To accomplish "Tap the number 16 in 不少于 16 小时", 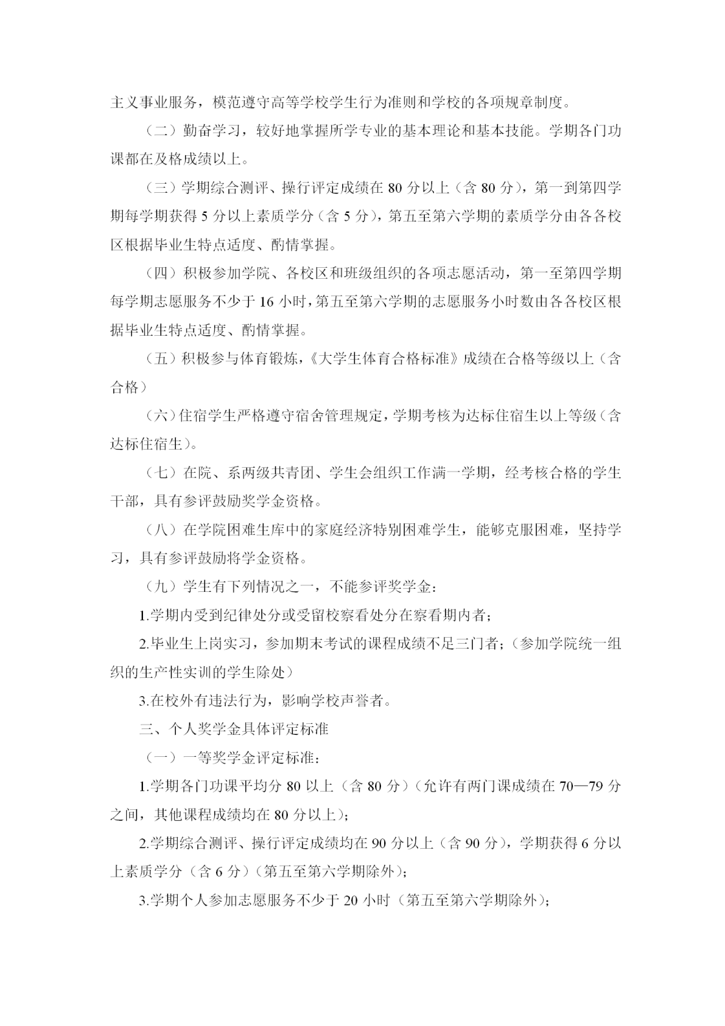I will coord(266,302).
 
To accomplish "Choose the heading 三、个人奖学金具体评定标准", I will coord(233,729).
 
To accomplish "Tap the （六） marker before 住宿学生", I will coord(157,416).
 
